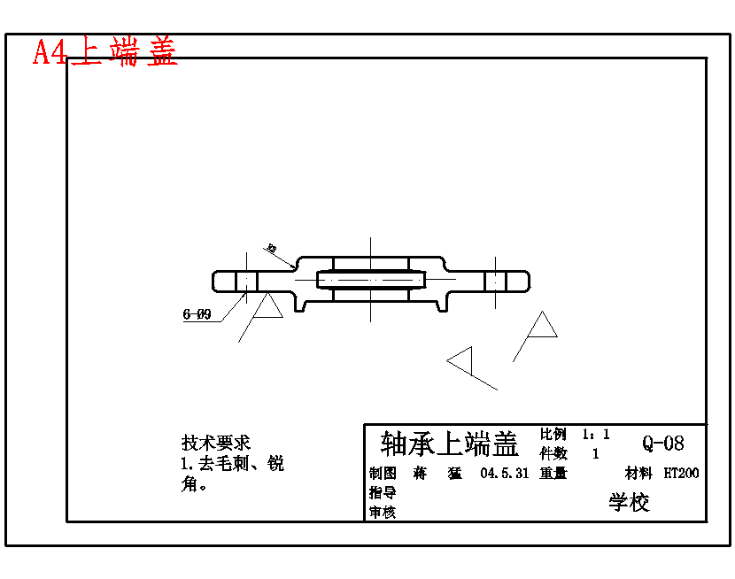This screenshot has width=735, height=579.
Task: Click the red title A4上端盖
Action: point(105,52)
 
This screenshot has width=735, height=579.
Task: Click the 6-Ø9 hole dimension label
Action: point(197,314)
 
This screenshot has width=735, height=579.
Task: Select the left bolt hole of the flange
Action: point(246,281)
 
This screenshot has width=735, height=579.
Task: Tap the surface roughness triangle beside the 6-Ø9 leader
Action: point(267,307)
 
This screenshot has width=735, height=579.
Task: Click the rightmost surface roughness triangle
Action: point(541,327)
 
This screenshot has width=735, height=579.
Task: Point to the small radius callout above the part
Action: point(272,249)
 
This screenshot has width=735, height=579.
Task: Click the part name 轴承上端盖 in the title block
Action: point(449,442)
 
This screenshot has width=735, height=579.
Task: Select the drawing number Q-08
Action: point(663,444)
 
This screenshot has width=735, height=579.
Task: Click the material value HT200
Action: point(681,474)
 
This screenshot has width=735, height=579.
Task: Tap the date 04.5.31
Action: point(504,474)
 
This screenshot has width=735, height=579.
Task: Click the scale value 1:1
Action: point(595,435)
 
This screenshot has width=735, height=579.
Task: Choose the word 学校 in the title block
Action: point(629,503)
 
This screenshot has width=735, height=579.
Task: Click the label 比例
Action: point(553,435)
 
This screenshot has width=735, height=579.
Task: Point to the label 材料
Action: point(638,474)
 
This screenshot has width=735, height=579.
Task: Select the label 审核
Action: point(383,512)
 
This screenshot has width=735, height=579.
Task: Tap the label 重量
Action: point(553,474)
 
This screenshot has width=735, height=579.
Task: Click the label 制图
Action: point(383,474)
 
